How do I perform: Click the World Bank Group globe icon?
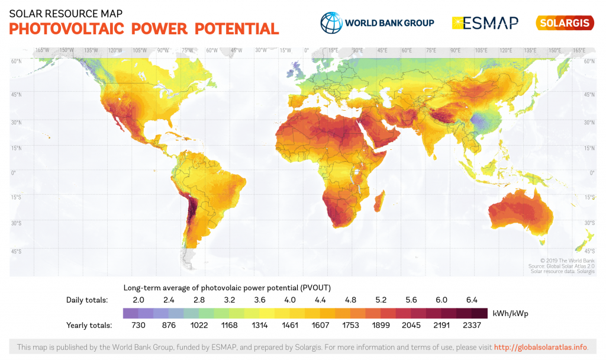tap(331, 22)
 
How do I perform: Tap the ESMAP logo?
tap(485, 23)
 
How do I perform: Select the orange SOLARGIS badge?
tap(565, 23)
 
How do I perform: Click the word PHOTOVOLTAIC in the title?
tap(66, 28)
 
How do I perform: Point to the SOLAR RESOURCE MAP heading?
tap(66, 12)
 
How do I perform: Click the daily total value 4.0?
tap(289, 300)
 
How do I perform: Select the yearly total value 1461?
tap(289, 325)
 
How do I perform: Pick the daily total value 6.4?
tap(472, 300)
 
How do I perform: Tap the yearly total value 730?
tap(138, 325)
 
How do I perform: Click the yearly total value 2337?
tap(472, 325)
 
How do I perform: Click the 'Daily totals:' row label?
tap(87, 300)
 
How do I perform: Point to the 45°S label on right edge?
tap(589, 251)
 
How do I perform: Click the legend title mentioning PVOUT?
tap(227, 287)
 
